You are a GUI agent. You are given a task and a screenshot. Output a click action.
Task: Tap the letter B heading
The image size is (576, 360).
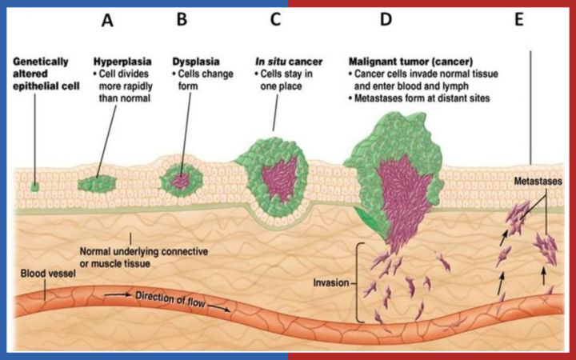182,21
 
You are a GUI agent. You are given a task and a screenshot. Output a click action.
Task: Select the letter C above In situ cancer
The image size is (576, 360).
274,21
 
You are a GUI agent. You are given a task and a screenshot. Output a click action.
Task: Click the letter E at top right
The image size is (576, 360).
519,21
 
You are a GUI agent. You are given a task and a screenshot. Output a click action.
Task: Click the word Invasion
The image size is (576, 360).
330,282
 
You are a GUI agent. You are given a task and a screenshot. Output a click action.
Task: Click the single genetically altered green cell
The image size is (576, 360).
35,186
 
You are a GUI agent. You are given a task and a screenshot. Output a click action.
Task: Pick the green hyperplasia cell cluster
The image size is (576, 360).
98,184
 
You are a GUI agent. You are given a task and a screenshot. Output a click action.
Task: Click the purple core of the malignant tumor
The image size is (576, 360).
394,196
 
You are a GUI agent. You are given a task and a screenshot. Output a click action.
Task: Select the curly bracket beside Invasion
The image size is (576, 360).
360,282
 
